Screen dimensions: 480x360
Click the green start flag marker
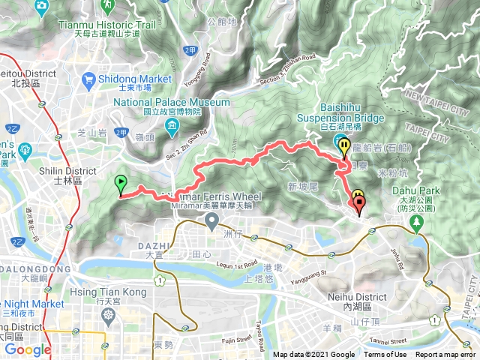pos(120,184)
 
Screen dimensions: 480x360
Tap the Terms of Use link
pos(385,355)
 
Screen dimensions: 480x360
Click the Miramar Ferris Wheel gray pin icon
pos(213,221)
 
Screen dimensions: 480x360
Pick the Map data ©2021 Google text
pos(313,355)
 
